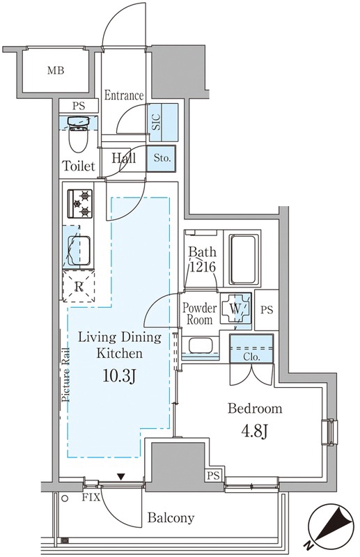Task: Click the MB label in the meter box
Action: click(x=56, y=71)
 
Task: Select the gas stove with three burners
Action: click(x=80, y=203)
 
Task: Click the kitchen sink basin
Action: click(x=79, y=251)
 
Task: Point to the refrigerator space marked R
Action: click(x=79, y=286)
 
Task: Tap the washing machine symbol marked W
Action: click(x=235, y=308)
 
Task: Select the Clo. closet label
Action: click(x=251, y=357)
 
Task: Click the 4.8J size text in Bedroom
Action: click(x=255, y=431)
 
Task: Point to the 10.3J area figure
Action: click(x=118, y=375)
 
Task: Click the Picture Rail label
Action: click(x=65, y=374)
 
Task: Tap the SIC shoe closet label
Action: click(x=156, y=122)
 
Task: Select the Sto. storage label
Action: click(x=162, y=158)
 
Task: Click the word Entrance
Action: click(x=124, y=95)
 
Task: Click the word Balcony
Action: click(x=171, y=518)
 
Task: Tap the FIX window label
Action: click(x=91, y=497)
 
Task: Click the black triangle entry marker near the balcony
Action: click(x=122, y=477)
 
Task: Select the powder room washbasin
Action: click(x=201, y=345)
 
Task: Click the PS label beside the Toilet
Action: click(x=79, y=106)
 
